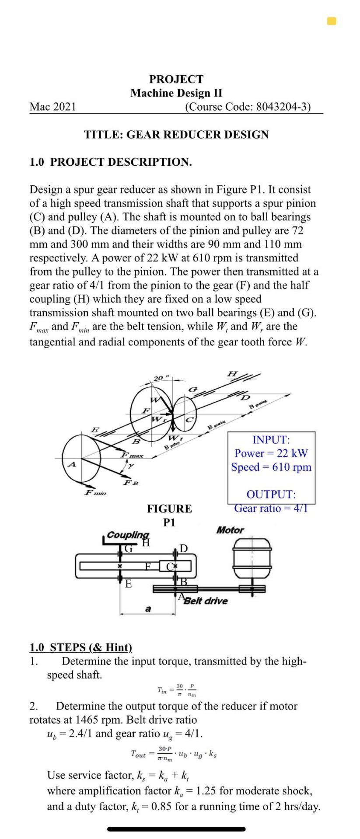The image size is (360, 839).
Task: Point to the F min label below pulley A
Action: pos(95,492)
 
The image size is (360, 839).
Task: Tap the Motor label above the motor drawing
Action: pos(230,530)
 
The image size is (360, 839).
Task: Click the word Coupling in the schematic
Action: pos(128,535)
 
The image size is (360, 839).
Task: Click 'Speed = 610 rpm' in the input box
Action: pos(271,467)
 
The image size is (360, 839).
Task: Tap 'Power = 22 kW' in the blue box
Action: pos(271,453)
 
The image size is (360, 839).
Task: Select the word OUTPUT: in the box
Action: pos(271,494)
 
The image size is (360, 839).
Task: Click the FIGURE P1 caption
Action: pos(169,515)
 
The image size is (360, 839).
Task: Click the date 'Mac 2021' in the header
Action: pos(52,107)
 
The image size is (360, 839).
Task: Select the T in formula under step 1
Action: pos(177,690)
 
